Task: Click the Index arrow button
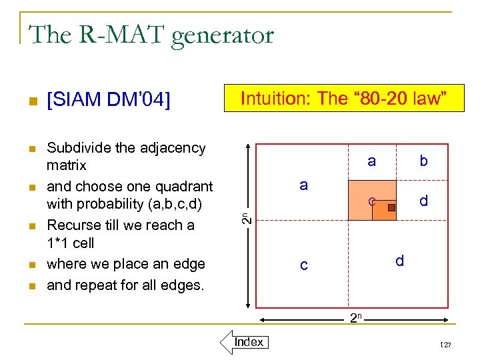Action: tap(244, 343)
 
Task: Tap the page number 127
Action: tap(445, 344)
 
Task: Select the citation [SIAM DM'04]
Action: tap(108, 100)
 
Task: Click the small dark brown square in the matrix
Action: tap(392, 207)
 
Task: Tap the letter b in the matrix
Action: tap(423, 161)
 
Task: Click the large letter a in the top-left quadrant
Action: tap(303, 185)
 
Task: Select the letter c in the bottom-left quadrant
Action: tap(303, 265)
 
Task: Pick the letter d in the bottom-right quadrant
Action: tap(399, 261)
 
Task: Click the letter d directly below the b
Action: tap(423, 200)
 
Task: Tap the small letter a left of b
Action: tap(371, 161)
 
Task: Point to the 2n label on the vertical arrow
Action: tap(245, 217)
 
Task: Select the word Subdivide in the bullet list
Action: tap(79, 148)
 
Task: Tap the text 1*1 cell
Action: tap(71, 243)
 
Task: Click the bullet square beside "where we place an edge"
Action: tap(29, 265)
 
